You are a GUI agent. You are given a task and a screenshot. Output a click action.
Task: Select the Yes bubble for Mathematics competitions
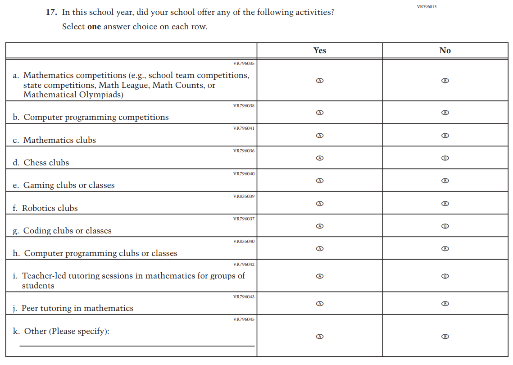319,81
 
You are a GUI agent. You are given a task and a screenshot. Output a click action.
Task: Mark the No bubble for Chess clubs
445,158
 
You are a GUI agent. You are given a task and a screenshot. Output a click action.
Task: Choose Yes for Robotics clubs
319,204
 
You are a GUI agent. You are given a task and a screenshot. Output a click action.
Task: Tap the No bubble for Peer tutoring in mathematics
445,304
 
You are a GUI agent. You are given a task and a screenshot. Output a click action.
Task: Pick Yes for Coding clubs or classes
319,226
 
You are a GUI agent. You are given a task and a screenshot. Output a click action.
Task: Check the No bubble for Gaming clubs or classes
445,181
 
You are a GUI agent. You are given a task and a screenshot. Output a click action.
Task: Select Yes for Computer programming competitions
319,113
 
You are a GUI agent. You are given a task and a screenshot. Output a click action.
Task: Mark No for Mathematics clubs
445,136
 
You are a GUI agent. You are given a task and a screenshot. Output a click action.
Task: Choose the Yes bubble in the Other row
319,337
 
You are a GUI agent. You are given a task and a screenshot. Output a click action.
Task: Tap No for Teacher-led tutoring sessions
445,276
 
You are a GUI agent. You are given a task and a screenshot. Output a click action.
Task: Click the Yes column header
319,50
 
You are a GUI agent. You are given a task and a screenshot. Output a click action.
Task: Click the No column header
445,50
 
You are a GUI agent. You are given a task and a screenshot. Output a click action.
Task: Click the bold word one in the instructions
94,27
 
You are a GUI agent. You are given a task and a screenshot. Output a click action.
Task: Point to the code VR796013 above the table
427,7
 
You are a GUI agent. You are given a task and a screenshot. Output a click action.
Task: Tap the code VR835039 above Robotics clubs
244,196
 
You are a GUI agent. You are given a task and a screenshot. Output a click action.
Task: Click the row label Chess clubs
46,163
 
